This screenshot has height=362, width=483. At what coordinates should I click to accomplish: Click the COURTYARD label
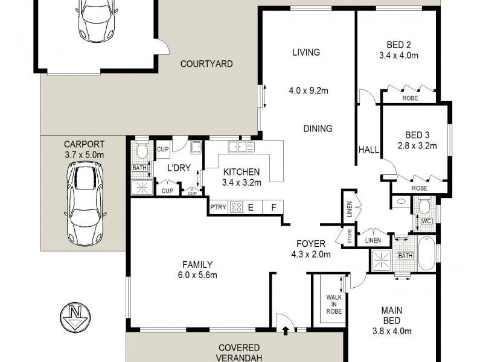[x=206, y=63]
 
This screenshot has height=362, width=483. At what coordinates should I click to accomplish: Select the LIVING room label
[x=305, y=52]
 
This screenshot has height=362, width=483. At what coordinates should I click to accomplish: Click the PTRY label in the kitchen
[x=218, y=208]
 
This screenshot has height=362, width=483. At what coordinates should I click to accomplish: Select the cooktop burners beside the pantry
[x=236, y=208]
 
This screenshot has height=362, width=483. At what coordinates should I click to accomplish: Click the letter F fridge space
[x=273, y=208]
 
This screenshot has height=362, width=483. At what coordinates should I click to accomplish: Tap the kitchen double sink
[x=241, y=147]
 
